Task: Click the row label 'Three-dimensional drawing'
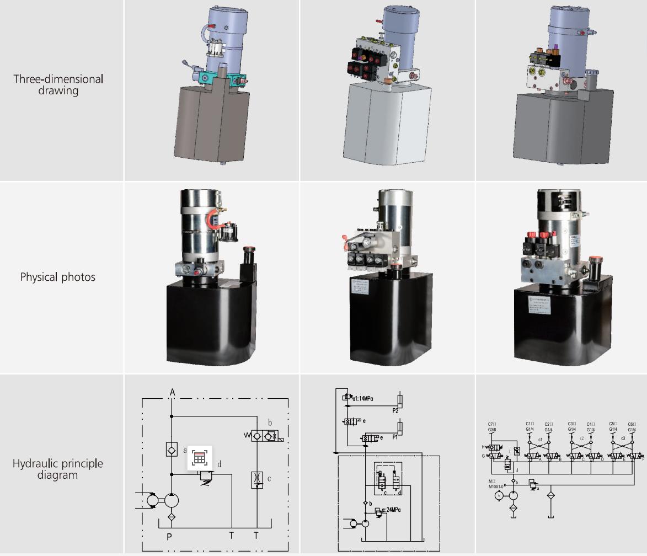(x=58, y=84)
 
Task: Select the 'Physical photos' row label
(x=58, y=277)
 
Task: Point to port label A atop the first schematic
(x=173, y=392)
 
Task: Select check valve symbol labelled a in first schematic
(x=171, y=449)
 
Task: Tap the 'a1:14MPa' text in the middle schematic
(x=360, y=398)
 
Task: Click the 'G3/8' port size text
(x=493, y=430)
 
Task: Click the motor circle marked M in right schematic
(x=499, y=495)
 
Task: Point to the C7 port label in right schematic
(x=492, y=424)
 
